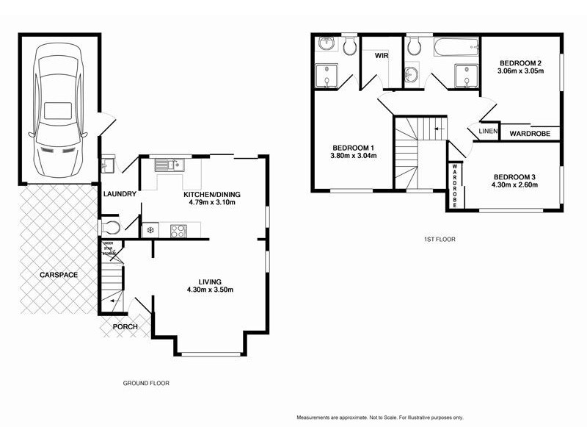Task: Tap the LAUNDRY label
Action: coord(120,194)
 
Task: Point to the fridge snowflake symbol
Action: coord(151,230)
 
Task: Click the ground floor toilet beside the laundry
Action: coord(110,226)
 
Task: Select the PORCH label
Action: coord(125,326)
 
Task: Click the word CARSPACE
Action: coord(59,275)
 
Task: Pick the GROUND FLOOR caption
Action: coord(145,383)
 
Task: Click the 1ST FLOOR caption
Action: coord(437,239)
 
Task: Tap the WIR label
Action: coord(381,55)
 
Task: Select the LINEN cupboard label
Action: coord(488,132)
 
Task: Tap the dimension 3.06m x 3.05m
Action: coord(519,71)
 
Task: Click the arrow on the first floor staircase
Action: coord(438,129)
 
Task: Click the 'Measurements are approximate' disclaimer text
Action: coord(379,417)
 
